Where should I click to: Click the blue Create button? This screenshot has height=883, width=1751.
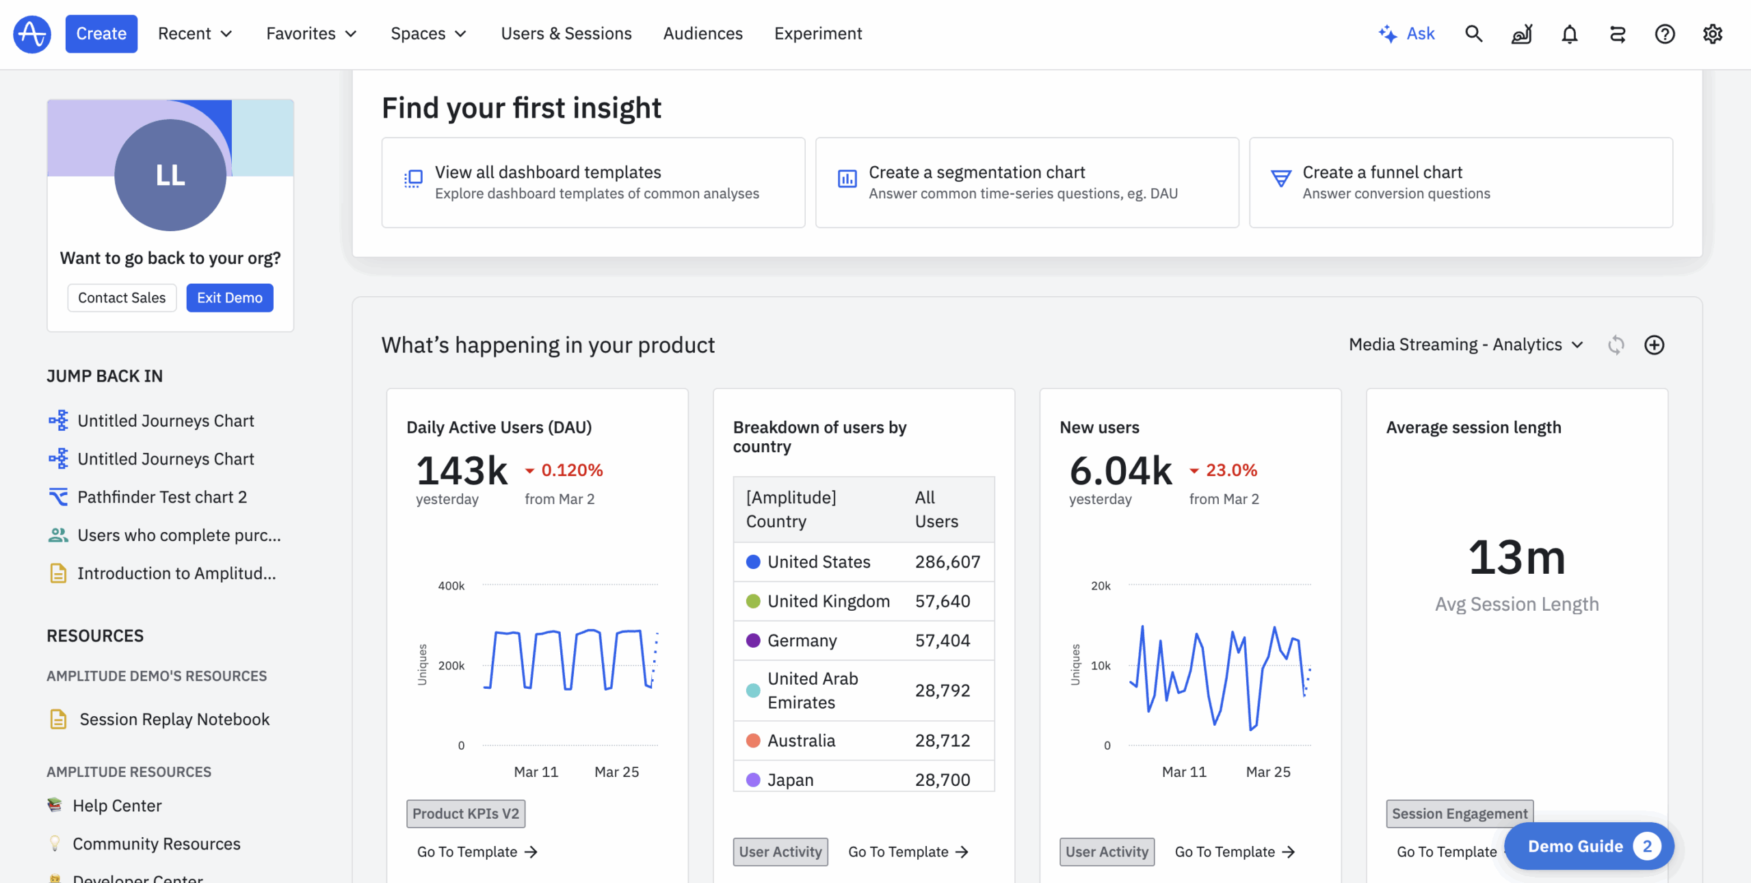[x=101, y=34]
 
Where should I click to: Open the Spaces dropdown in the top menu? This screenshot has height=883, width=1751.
[x=428, y=34]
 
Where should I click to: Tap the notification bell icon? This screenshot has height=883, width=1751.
[x=1570, y=34]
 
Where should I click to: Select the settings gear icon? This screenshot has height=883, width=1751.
[x=1713, y=34]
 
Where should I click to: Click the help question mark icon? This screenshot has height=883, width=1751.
[x=1665, y=34]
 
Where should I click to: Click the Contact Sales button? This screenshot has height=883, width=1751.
[x=122, y=298]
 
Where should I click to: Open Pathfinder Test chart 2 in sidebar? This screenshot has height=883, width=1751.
[x=162, y=497]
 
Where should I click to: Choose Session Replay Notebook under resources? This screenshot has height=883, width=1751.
[x=174, y=720]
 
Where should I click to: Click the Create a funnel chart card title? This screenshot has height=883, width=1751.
[x=1382, y=172]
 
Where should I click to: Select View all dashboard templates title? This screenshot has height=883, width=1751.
[x=548, y=172]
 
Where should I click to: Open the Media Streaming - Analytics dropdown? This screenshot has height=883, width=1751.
[x=1466, y=345]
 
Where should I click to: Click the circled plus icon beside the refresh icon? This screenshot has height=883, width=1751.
[x=1655, y=345]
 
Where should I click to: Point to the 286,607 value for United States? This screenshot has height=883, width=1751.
[x=948, y=562]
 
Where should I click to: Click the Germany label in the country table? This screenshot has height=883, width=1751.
[x=802, y=641]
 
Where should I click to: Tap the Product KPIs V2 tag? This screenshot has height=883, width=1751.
[x=466, y=814]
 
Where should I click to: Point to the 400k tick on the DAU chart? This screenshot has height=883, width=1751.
[x=451, y=586]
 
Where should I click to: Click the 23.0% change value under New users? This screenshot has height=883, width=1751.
[x=1231, y=471]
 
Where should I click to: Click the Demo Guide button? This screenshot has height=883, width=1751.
[x=1589, y=846]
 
